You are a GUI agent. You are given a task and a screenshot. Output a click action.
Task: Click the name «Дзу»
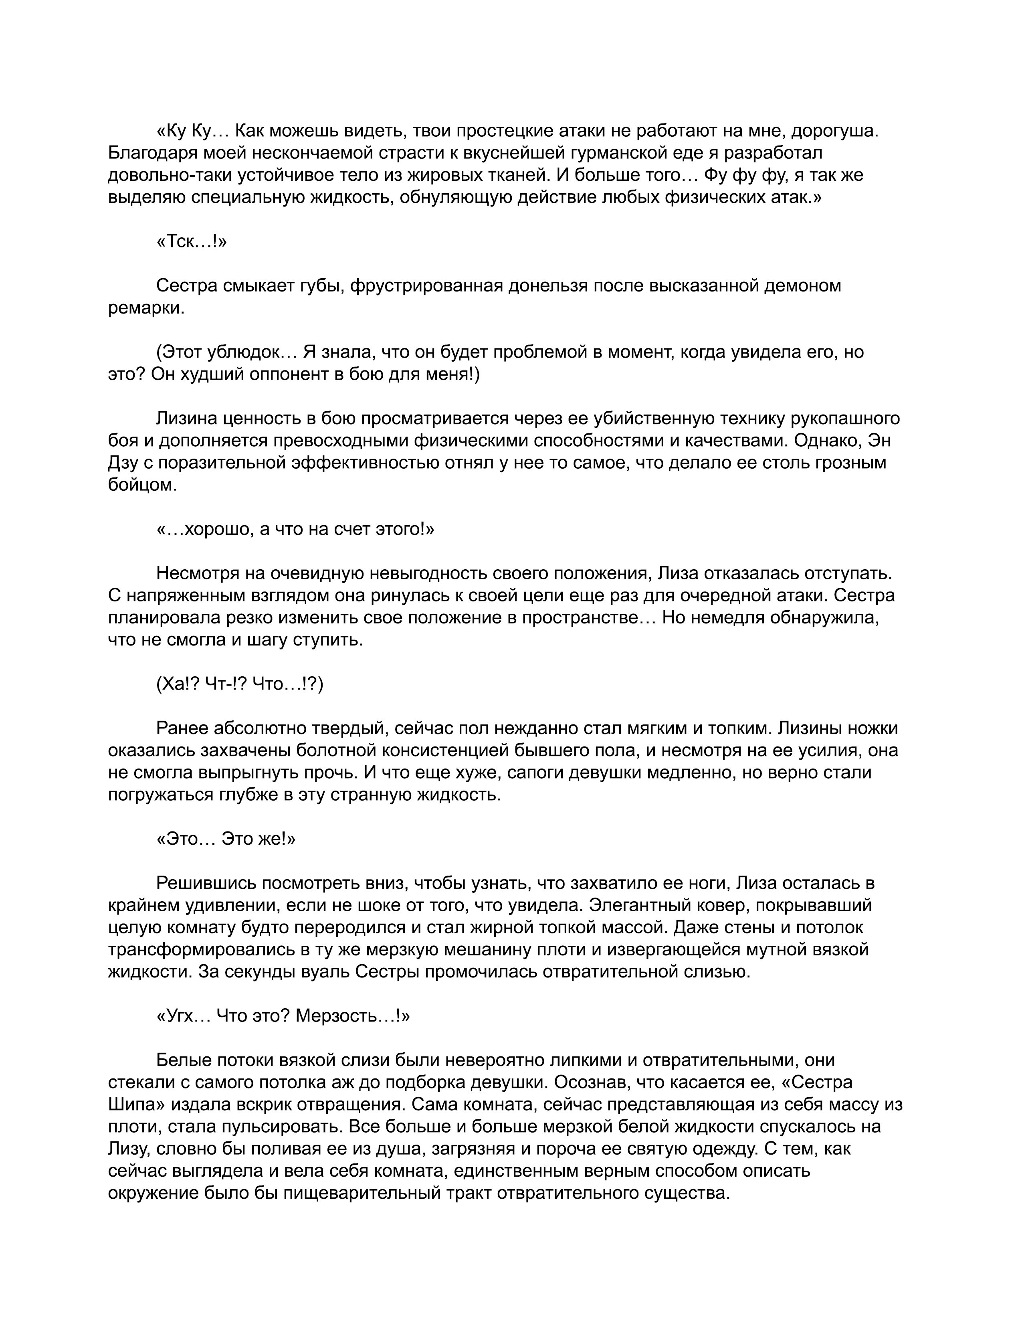pos(124,463)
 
